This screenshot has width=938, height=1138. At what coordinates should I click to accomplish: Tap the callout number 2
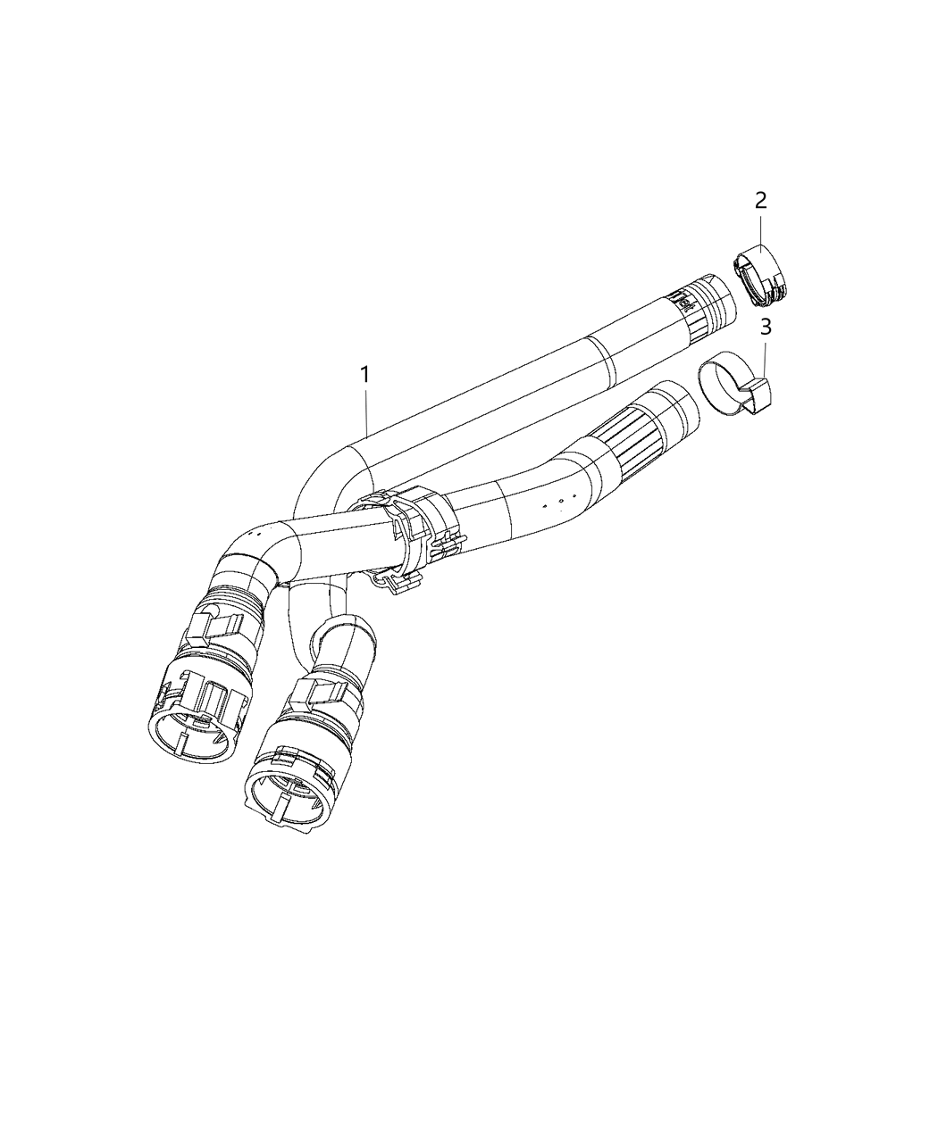760,200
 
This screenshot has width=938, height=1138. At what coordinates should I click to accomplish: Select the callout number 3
765,328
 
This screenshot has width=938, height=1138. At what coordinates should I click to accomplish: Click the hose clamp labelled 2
766,271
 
